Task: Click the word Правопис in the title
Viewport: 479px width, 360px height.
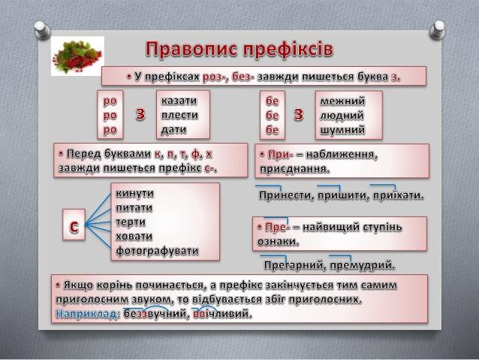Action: click(x=188, y=50)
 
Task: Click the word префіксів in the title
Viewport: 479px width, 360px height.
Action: click(x=286, y=50)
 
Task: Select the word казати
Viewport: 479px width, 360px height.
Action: click(x=179, y=101)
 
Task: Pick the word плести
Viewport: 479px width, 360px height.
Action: click(x=179, y=115)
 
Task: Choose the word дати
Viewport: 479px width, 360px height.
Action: click(x=173, y=129)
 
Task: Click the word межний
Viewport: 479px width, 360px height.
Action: click(x=342, y=101)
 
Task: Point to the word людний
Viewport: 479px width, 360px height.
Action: click(x=342, y=115)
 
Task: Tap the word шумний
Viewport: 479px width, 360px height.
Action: click(x=343, y=129)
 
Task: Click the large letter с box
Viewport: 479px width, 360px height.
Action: click(x=74, y=226)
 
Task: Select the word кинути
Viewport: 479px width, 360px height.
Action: click(x=135, y=193)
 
